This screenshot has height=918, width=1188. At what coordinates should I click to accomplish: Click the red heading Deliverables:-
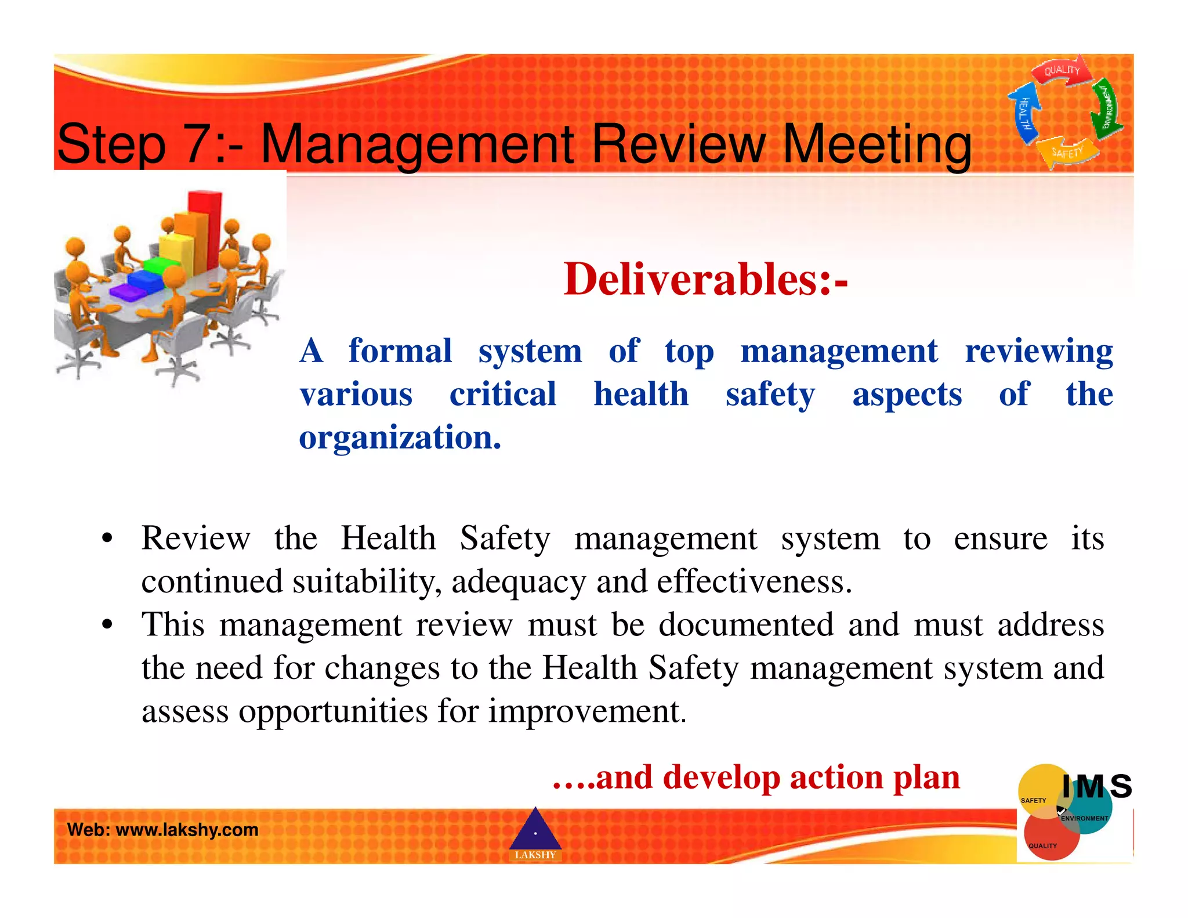[x=705, y=280]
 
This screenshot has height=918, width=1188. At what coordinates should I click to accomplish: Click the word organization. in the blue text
[x=400, y=438]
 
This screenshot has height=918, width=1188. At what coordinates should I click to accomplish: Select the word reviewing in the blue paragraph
[x=1038, y=351]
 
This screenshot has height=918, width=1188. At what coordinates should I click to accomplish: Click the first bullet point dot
[x=107, y=538]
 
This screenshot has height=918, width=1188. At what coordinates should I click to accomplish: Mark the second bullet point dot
[x=107, y=626]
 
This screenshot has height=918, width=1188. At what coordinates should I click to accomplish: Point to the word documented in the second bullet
[x=746, y=625]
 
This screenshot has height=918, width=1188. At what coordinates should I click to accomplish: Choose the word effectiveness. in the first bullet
[x=754, y=582]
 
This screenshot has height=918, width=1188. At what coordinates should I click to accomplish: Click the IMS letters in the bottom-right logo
[x=1096, y=786]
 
